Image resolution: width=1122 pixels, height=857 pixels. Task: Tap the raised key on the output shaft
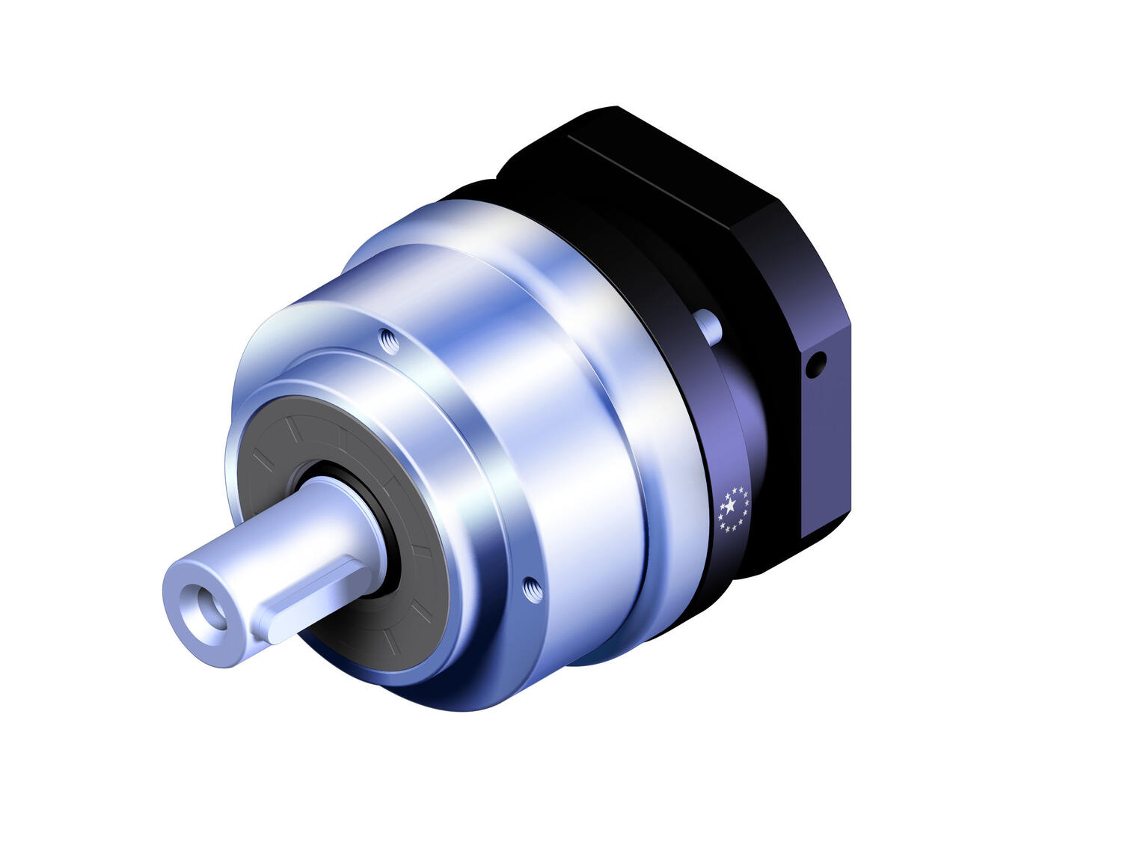pos(314,599)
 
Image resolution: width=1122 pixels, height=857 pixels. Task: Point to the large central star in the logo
pos(730,507)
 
